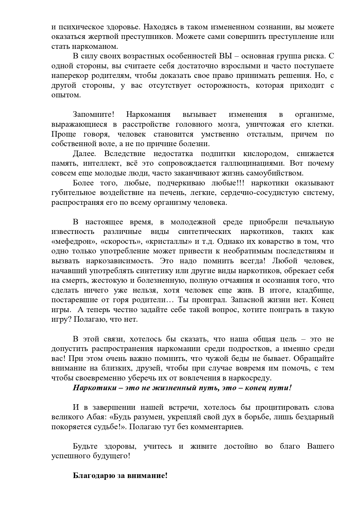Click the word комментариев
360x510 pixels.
[215, 427]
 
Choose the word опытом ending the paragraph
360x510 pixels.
[65, 95]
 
